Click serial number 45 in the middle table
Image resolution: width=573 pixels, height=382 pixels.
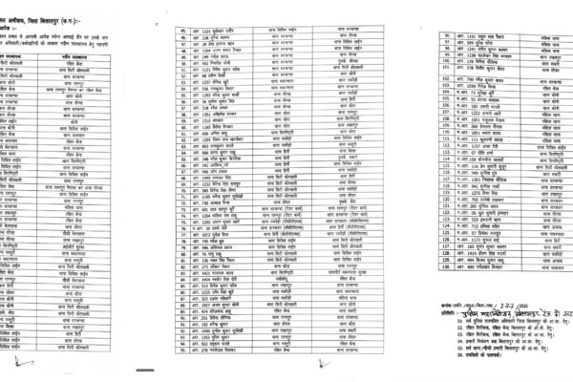tap(176, 32)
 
